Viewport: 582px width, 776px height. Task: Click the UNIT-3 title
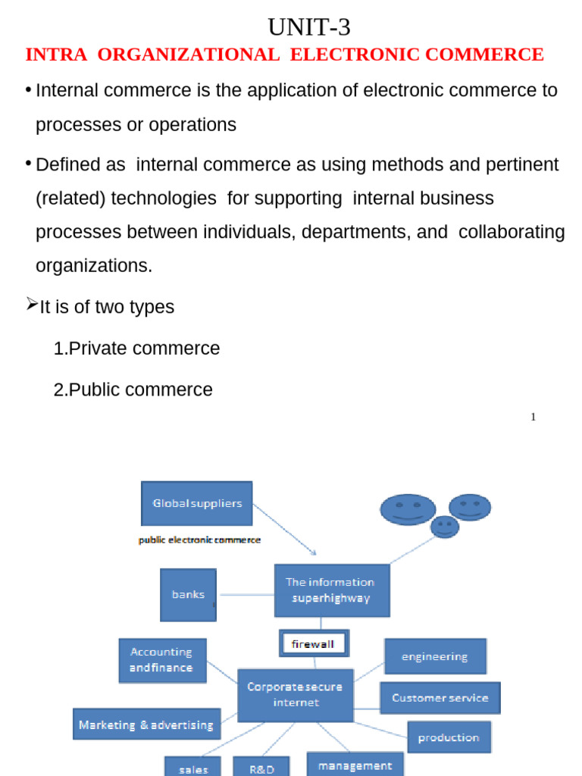pos(309,27)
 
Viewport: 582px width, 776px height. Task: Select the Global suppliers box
pos(197,503)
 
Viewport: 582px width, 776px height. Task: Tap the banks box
pos(188,595)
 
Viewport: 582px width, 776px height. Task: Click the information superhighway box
pos(332,590)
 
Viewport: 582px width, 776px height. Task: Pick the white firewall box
pos(314,644)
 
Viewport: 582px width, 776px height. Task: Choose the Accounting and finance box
pos(162,660)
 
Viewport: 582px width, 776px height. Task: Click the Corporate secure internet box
pos(295,695)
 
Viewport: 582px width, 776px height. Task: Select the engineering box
pos(435,656)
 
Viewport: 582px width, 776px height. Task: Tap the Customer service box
pos(440,698)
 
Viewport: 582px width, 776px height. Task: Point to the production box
pos(449,737)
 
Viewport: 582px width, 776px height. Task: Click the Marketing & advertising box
pos(146,724)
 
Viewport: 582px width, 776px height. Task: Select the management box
pos(355,764)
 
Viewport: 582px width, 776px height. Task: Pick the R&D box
pos(261,767)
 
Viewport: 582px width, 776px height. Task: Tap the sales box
pos(193,767)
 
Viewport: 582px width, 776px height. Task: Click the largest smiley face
pos(408,509)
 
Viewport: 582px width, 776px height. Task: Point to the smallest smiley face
pos(445,526)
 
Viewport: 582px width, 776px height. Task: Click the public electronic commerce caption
pos(199,540)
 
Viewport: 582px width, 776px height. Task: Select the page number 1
pos(533,417)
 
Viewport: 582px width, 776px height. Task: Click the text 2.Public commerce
pos(133,390)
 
